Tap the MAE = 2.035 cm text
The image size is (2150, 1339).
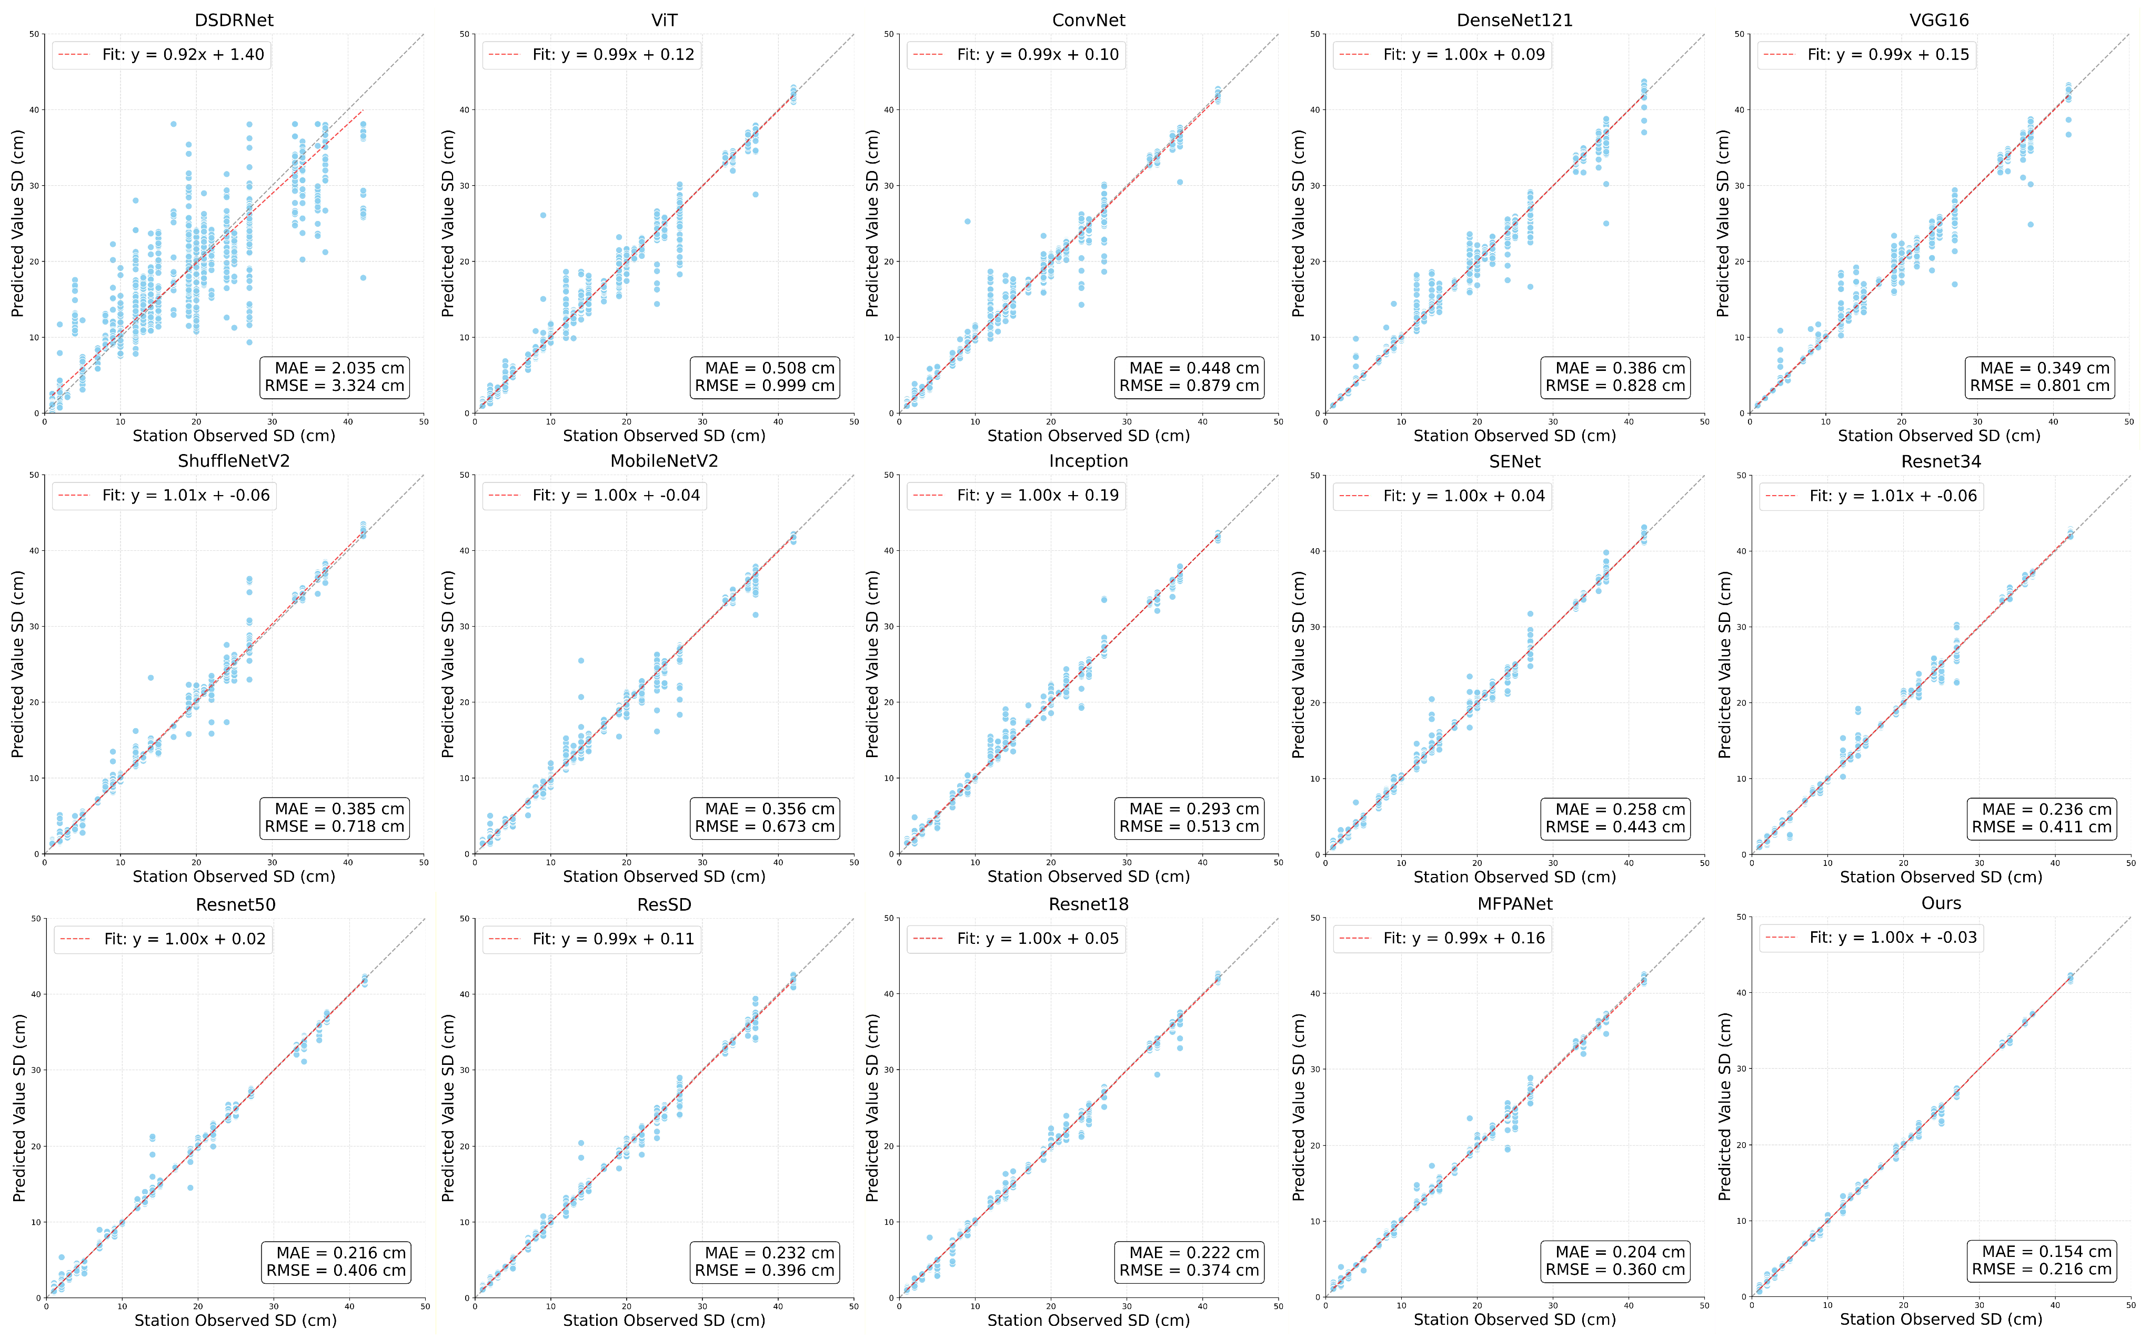coord(335,368)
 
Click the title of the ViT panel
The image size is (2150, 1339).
coord(664,19)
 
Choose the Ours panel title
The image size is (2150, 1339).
coord(1941,903)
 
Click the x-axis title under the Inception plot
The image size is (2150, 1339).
coord(1088,877)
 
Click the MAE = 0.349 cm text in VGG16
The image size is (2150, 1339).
coord(2045,368)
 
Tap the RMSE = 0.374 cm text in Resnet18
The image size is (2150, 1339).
coord(1189,1271)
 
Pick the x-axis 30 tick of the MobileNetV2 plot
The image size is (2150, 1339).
coord(702,862)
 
